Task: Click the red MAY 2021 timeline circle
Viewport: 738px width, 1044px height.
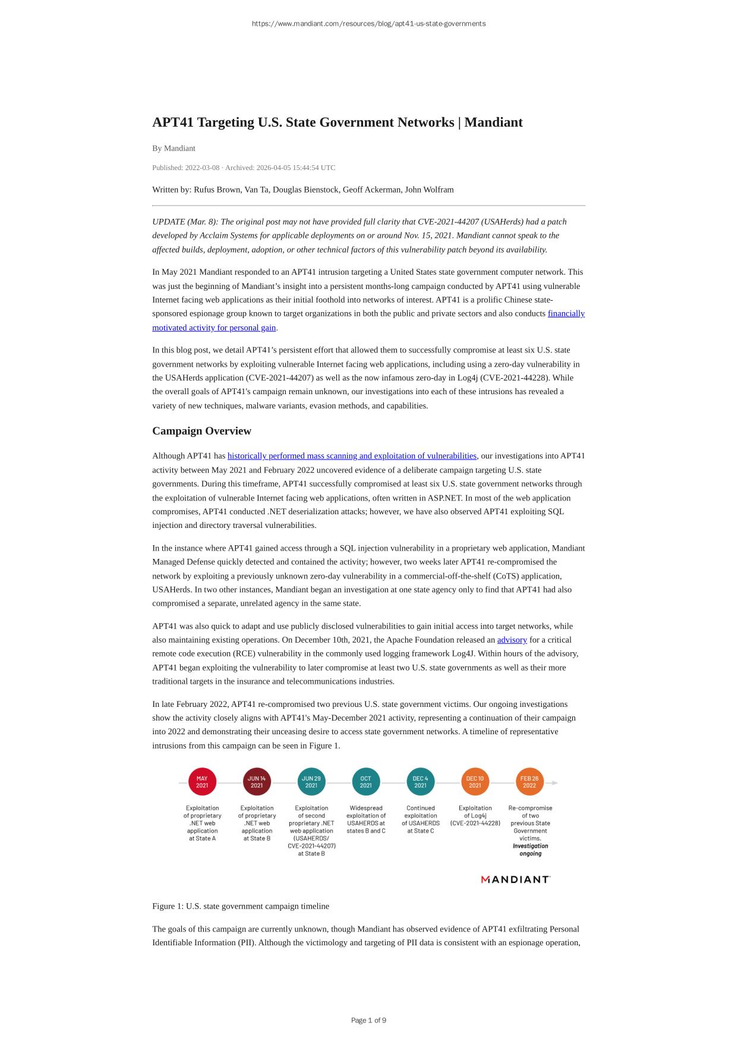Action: (202, 782)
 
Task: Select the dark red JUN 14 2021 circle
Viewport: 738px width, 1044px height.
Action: (257, 782)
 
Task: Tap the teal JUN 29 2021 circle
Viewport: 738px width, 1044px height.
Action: (311, 782)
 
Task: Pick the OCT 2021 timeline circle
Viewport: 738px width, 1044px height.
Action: (366, 782)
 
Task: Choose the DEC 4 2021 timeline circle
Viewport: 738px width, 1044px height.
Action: (420, 782)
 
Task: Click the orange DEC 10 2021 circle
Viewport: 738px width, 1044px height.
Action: (475, 782)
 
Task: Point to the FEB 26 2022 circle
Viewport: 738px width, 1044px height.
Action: (529, 782)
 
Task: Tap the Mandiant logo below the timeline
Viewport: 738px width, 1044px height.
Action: (515, 879)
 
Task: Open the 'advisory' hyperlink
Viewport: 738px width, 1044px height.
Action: (512, 640)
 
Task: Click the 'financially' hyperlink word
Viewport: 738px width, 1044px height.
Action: (566, 313)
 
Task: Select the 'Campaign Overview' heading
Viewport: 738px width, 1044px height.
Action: (201, 431)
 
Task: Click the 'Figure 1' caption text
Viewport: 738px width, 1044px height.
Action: (240, 906)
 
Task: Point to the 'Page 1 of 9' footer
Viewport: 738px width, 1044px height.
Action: (368, 1020)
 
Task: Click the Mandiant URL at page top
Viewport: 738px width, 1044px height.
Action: (368, 24)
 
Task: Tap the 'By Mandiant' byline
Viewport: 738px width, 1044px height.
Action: (174, 148)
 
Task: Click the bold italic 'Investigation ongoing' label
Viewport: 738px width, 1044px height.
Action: (530, 850)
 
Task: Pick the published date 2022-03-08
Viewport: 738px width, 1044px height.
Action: (202, 168)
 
